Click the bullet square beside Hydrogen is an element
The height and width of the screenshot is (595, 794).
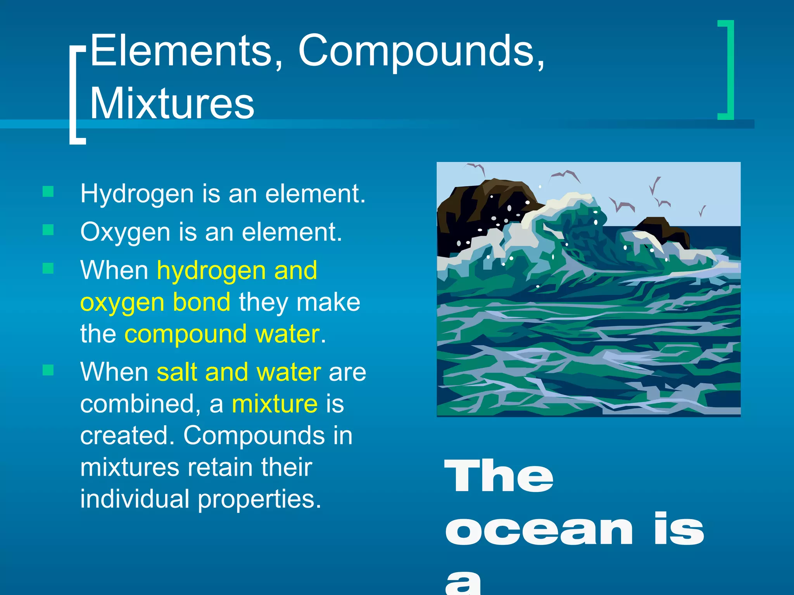[x=48, y=191]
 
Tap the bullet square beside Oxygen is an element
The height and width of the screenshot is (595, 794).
[x=48, y=230]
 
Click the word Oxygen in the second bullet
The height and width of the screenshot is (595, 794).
[x=125, y=232]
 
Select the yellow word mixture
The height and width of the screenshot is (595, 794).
[x=274, y=404]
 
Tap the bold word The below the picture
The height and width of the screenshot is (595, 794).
[x=499, y=476]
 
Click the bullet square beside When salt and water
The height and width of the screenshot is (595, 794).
[x=48, y=370]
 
